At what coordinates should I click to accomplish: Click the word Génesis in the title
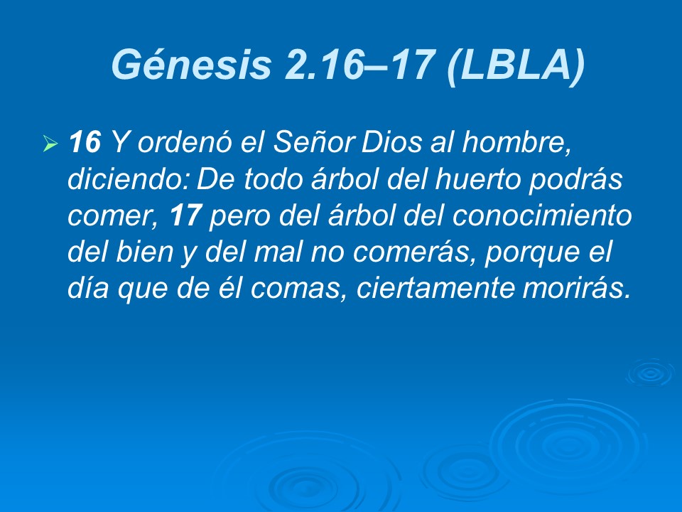(x=191, y=65)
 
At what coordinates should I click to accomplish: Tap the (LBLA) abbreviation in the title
(x=516, y=65)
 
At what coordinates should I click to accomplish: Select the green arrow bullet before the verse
(x=50, y=146)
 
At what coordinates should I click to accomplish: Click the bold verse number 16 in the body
(x=85, y=144)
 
